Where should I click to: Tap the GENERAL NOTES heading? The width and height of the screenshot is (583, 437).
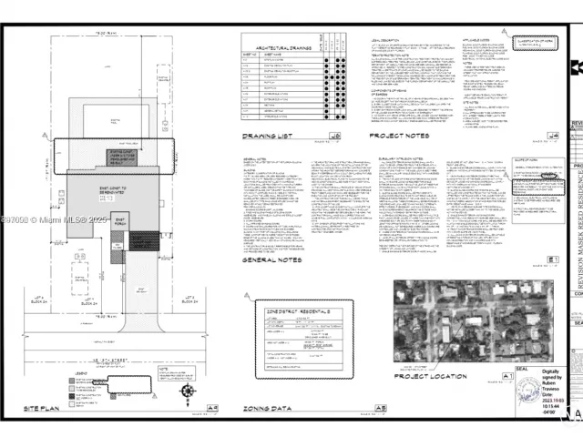point(271,259)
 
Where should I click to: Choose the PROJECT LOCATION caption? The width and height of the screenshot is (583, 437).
point(431,375)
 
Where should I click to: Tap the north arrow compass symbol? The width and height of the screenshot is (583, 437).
point(188,392)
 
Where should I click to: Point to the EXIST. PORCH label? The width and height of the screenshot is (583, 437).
point(118,219)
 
